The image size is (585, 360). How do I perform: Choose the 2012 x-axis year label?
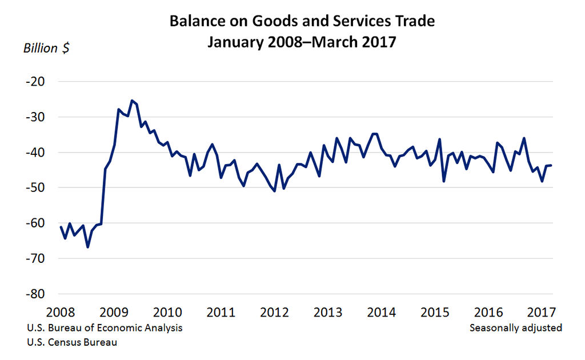point(274,313)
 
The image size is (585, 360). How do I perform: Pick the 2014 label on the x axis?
point(382,313)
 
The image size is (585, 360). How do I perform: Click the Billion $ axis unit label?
point(46,48)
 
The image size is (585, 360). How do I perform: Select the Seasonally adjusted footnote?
point(515,328)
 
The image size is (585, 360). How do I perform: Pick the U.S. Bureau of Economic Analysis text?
point(104,328)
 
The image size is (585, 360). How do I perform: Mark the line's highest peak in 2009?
point(132,101)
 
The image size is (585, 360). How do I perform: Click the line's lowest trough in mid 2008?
point(87,247)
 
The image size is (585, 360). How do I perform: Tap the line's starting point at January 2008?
point(61,227)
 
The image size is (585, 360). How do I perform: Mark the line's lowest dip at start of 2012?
point(275,191)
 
